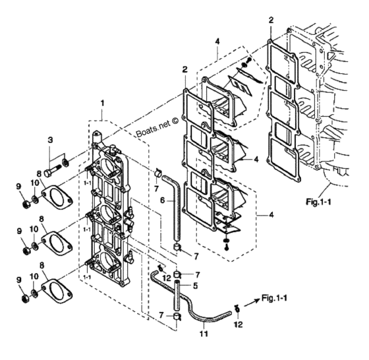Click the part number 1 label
click(x=102, y=103)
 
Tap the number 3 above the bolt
click(x=50, y=140)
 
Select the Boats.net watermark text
click(x=157, y=127)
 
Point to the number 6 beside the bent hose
click(x=163, y=200)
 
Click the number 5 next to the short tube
click(x=195, y=286)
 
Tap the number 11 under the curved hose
click(x=204, y=334)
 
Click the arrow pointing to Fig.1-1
click(x=252, y=303)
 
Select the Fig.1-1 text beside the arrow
click(x=274, y=298)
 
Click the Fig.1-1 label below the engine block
click(x=318, y=202)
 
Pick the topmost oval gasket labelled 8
click(x=57, y=197)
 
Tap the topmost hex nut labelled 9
click(x=26, y=204)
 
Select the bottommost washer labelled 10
click(x=34, y=293)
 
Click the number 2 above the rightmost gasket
click(x=271, y=20)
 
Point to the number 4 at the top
click(x=217, y=42)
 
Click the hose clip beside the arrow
click(x=237, y=309)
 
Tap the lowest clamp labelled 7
click(x=177, y=316)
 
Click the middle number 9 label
click(x=19, y=231)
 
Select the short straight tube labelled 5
click(x=177, y=295)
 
